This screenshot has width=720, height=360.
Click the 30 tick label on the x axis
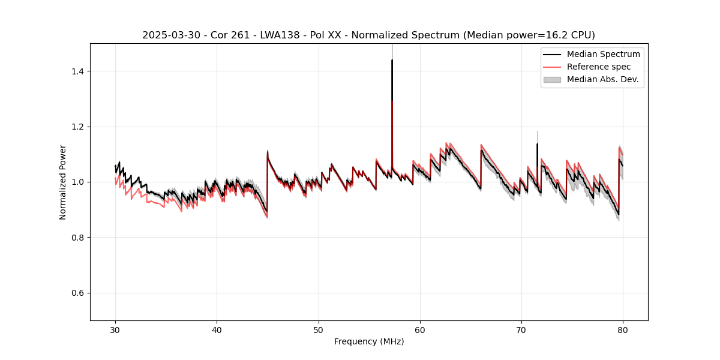coord(115,330)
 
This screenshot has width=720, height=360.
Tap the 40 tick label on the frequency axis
coord(217,330)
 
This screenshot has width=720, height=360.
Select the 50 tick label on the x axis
coord(319,330)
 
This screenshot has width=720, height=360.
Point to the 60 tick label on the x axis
coord(420,330)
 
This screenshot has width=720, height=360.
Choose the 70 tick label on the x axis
coord(521,330)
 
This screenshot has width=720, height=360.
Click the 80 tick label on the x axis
coord(623,330)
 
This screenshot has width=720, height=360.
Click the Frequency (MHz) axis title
coord(369,341)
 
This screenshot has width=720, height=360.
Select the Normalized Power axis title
coord(63,182)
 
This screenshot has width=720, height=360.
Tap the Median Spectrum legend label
coord(603,54)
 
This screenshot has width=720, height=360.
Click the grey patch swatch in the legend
coord(552,79)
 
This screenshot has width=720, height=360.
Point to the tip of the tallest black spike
coord(392,60)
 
